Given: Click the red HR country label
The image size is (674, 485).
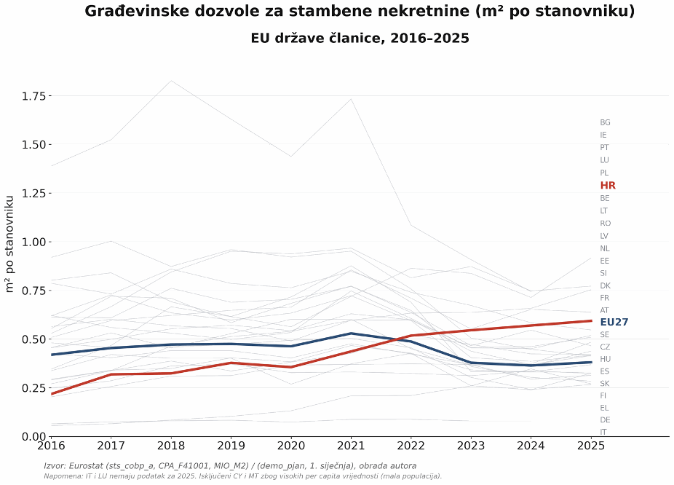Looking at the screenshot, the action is [x=608, y=185].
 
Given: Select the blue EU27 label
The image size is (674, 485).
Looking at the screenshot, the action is [x=614, y=322].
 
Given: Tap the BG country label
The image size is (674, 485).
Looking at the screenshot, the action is [x=606, y=122].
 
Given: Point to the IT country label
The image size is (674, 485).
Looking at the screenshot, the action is [x=603, y=432].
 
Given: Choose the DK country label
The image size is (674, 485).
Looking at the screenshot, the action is [x=606, y=285].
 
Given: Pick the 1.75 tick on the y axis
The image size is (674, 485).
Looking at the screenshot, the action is [x=33, y=96].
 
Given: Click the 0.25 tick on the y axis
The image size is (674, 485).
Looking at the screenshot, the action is [x=33, y=388].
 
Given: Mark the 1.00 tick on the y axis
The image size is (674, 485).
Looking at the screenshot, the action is [x=33, y=242].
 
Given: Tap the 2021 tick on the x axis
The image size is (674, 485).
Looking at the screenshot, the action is [x=351, y=446].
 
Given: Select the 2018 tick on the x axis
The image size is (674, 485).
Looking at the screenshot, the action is [x=171, y=446].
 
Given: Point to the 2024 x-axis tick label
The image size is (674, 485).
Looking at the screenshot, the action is [x=531, y=446].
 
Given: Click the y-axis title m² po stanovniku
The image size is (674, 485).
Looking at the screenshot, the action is [x=10, y=244].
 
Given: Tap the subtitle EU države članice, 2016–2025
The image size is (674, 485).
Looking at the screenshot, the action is [x=360, y=39].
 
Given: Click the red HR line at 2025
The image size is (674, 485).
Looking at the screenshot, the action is [x=591, y=320].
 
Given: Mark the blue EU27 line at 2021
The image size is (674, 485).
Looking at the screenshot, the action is [x=351, y=334].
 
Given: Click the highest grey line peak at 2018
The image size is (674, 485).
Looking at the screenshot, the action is [x=171, y=81].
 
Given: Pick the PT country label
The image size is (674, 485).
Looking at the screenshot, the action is [x=604, y=148].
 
